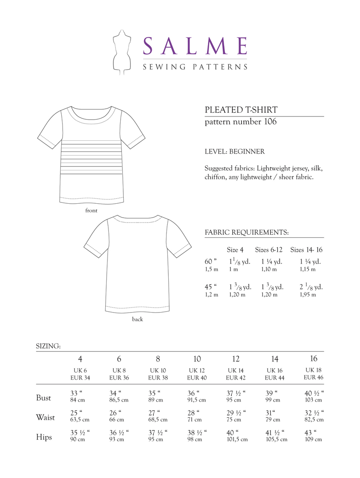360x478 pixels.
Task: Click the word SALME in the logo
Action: tap(195, 46)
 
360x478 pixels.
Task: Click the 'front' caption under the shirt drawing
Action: tap(91, 210)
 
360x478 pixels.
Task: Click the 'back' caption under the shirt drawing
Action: tap(137, 319)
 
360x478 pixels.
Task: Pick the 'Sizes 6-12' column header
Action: tap(270, 250)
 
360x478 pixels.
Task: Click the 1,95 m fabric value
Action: tap(308, 295)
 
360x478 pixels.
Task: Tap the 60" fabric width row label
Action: tap(211, 261)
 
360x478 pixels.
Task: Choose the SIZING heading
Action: tap(48, 347)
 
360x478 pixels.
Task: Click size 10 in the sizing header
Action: tap(197, 359)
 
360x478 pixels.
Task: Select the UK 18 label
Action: tap(313, 369)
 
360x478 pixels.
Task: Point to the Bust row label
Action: tap(44, 398)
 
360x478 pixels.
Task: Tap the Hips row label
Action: tap(44, 437)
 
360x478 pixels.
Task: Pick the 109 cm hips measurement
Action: tap(314, 439)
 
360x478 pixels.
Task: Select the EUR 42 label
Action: tap(236, 377)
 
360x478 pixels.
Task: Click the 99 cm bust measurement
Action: tap(274, 400)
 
